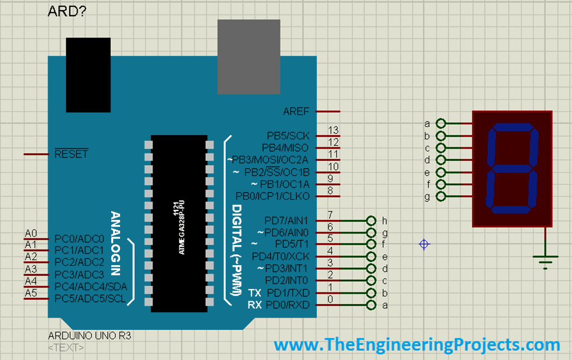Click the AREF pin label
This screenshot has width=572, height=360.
pyautogui.click(x=295, y=112)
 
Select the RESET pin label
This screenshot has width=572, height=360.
pyautogui.click(x=71, y=154)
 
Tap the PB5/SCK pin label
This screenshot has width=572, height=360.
pyautogui.click(x=288, y=136)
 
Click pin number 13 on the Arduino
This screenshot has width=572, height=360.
pyautogui.click(x=333, y=131)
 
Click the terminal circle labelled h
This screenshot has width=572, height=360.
pyautogui.click(x=370, y=220)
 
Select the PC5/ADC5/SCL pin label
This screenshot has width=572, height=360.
pyautogui.click(x=90, y=299)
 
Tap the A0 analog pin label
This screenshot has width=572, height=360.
pyautogui.click(x=31, y=233)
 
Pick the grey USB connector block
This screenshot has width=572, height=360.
pyautogui.click(x=249, y=57)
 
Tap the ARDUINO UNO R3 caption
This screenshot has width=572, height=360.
pyautogui.click(x=89, y=336)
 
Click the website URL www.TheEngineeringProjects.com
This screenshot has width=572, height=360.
pyautogui.click(x=416, y=344)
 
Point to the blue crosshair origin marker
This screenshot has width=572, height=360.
pyautogui.click(x=424, y=244)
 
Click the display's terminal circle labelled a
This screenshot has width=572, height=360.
pyautogui.click(x=441, y=124)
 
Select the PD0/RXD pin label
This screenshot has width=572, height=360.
pyautogui.click(x=287, y=305)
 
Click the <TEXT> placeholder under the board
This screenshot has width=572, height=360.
pyautogui.click(x=66, y=348)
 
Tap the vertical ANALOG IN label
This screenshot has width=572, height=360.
pyautogui.click(x=116, y=243)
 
